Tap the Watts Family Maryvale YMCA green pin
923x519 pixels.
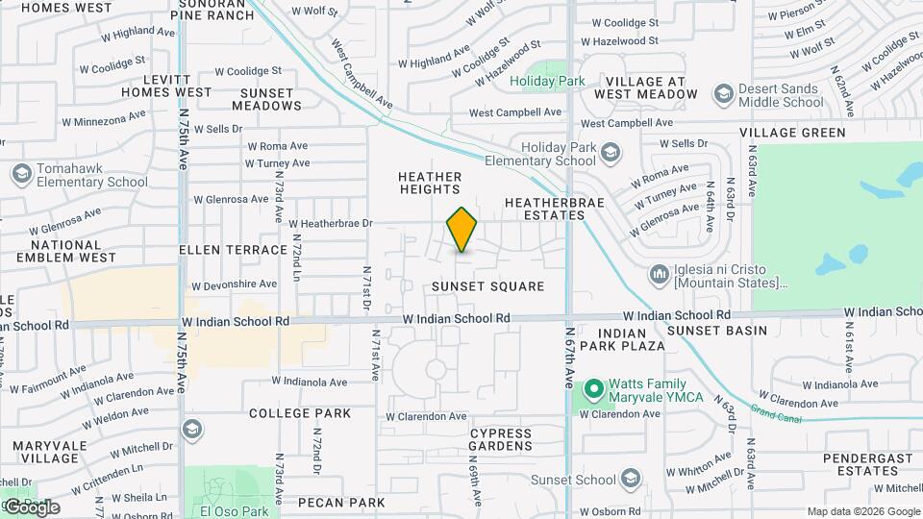[594, 389]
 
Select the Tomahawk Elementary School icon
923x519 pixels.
[21, 174]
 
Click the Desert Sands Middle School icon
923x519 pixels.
[723, 94]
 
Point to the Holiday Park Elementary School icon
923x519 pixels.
[610, 153]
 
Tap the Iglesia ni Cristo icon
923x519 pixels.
[660, 276]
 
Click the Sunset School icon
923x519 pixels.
[631, 479]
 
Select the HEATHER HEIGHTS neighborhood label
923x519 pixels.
[430, 184]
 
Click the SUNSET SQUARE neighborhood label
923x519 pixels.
[487, 286]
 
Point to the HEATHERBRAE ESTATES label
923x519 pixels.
[544, 209]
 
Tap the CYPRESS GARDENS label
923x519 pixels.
[501, 439]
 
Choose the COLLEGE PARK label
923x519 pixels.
[300, 413]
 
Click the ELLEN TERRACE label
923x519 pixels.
[234, 250]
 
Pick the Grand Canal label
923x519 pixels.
[770, 412]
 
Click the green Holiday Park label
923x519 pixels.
[547, 82]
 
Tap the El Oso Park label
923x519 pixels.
[235, 511]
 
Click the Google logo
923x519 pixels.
[32, 507]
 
